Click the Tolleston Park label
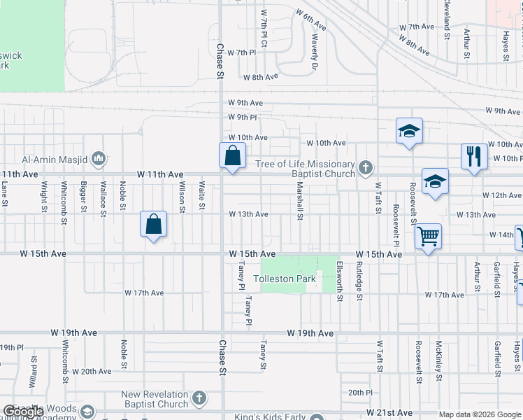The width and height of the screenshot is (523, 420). pos(285,279)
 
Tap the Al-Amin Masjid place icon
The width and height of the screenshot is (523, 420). pos(98,157)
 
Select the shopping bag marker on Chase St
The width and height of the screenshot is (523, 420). pos(233,155)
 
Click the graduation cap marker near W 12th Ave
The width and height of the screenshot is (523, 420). pos(435,182)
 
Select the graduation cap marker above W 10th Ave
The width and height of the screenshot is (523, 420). pos(409,131)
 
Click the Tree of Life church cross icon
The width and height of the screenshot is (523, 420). pos(366,167)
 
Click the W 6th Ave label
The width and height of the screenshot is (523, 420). pos(311,20)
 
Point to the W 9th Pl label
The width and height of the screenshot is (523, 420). pos(243,117)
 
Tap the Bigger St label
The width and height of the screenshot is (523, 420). pos(84,197)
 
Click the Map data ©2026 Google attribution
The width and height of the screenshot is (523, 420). pos(480,414)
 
